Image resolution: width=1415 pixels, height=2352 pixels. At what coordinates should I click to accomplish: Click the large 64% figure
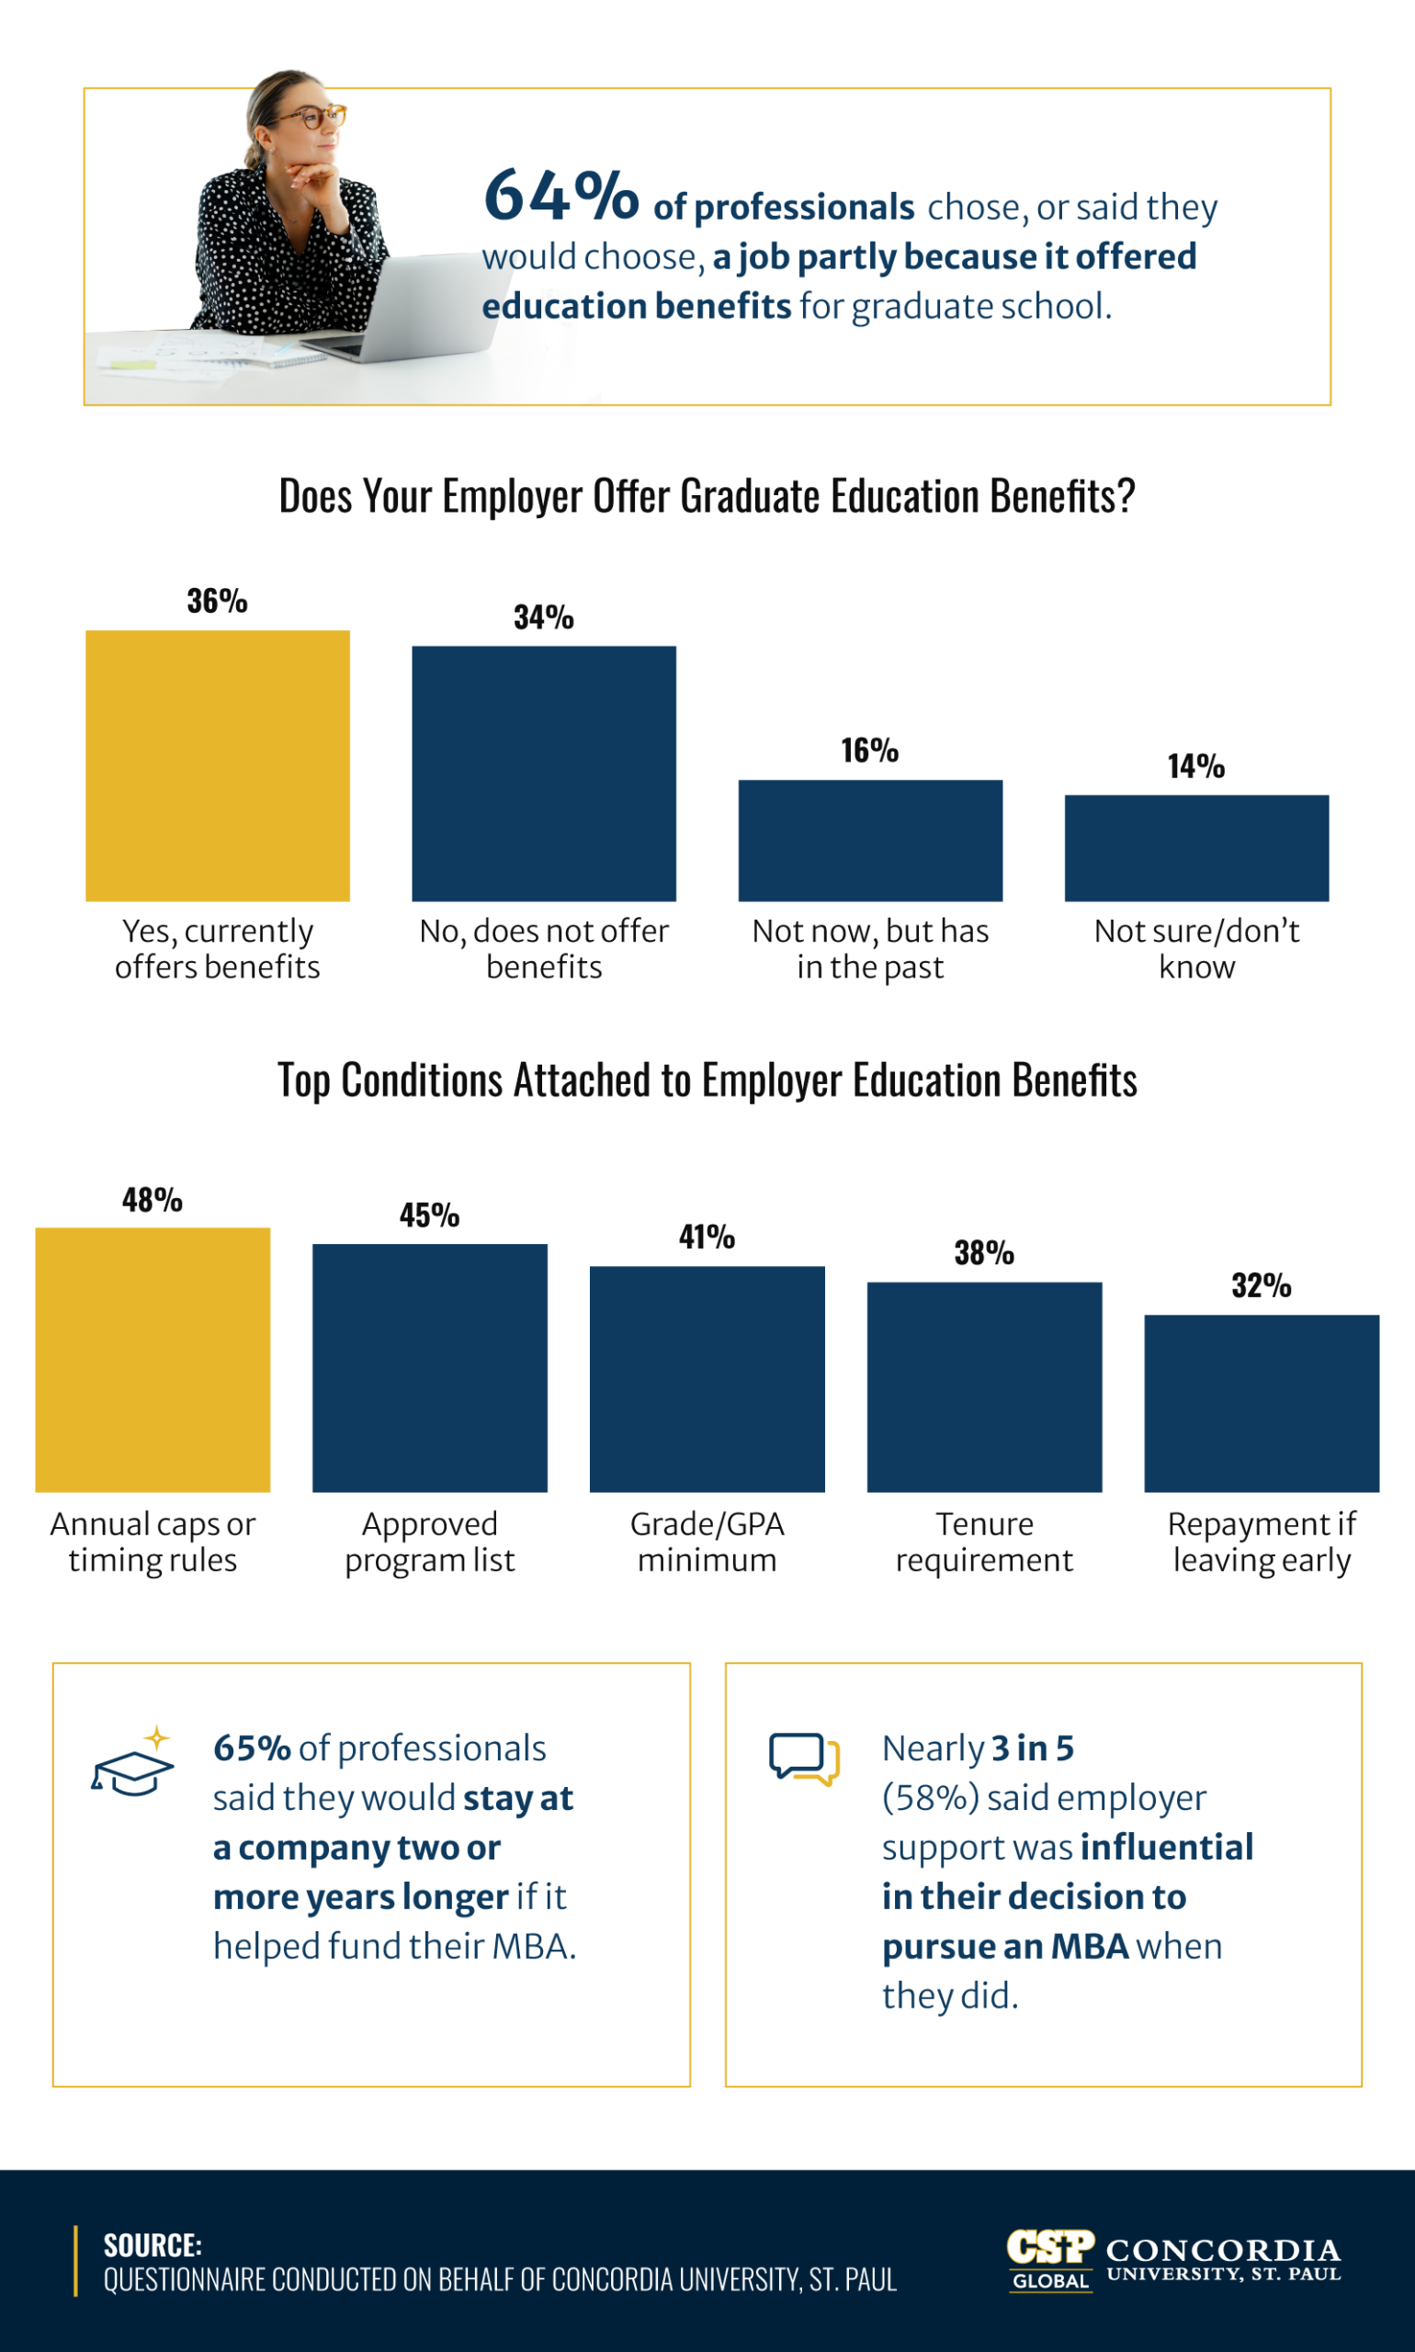coord(560,196)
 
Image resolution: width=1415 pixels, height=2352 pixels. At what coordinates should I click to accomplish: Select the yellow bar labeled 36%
coord(218,764)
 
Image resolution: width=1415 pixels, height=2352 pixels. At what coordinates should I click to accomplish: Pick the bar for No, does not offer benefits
coord(544,774)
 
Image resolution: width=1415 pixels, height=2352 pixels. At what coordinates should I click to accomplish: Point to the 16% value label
coord(868,751)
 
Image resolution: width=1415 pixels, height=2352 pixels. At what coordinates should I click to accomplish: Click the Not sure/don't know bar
coord(1195,848)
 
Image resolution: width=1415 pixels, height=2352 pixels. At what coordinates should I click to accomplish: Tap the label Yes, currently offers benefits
coord(218,949)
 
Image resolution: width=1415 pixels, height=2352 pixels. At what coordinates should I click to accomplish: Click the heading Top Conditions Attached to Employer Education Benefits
coord(707,1080)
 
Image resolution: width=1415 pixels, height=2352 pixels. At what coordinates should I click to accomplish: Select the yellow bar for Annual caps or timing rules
coord(153,1359)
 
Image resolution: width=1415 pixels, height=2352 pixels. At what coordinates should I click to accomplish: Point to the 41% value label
coord(707,1237)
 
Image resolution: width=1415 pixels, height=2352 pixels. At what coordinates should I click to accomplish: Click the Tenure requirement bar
coord(984,1386)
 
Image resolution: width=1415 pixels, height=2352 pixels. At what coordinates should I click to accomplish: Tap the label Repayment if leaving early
coord(1261,1541)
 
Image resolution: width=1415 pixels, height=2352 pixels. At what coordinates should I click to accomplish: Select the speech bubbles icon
coord(804,1757)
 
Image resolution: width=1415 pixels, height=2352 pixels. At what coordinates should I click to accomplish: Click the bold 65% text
coord(252,1747)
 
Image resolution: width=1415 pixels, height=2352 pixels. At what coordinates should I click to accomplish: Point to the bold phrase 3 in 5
coord(1032,1747)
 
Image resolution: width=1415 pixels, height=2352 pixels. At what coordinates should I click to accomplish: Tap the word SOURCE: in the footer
coord(153,2245)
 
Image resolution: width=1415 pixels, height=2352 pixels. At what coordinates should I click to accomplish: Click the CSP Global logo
coord(1050,2259)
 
